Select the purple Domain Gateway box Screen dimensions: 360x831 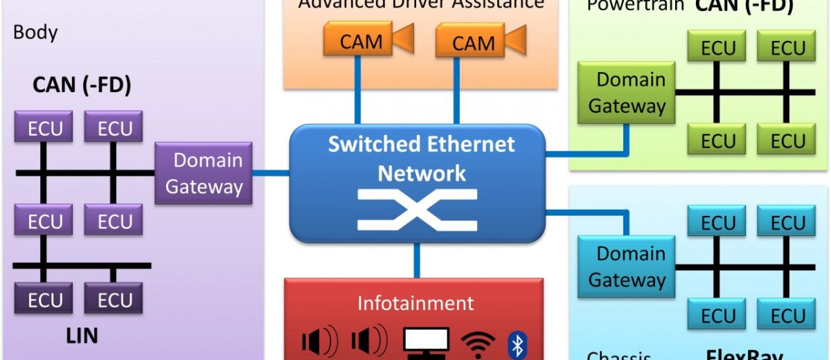click(x=204, y=173)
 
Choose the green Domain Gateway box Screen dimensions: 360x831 click(x=621, y=93)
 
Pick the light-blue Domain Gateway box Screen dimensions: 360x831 click(x=621, y=267)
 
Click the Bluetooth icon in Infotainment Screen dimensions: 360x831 click(x=517, y=344)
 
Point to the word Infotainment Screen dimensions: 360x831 click(x=415, y=303)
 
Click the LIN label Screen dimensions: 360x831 click(x=81, y=336)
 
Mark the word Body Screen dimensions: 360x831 click(x=35, y=32)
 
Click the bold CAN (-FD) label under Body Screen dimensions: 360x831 click(x=82, y=86)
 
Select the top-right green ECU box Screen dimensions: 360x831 click(x=788, y=48)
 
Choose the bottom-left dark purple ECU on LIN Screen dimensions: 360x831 click(x=44, y=300)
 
